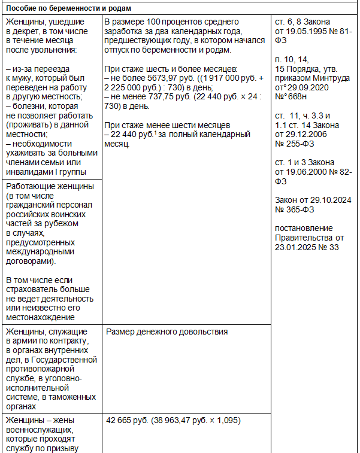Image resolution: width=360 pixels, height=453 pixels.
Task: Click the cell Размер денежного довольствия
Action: coord(167,332)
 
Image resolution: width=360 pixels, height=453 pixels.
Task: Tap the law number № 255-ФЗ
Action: coord(296,144)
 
